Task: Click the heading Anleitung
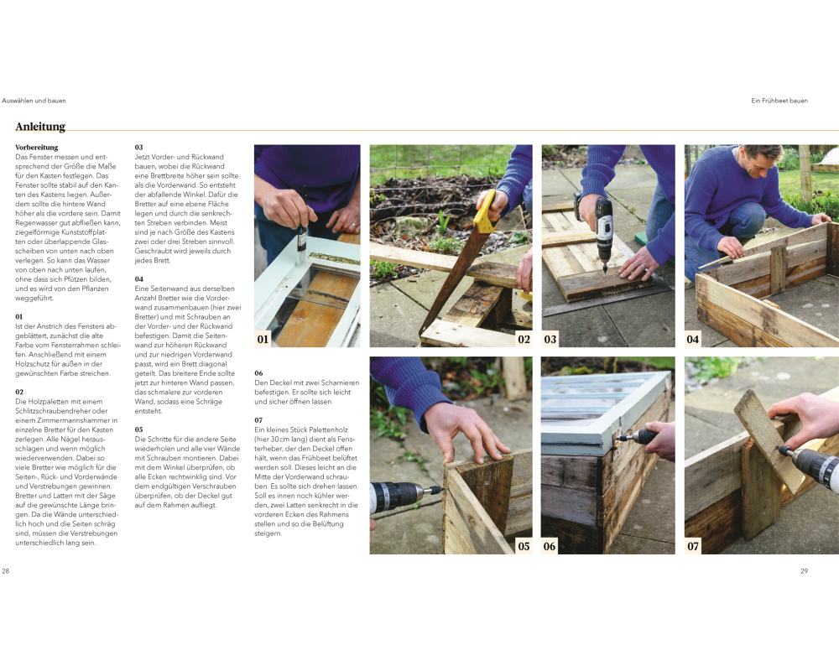tap(40, 127)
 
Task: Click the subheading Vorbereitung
tap(36, 147)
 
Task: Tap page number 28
tap(5, 571)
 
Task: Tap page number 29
tap(804, 571)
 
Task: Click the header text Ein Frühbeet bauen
tap(779, 101)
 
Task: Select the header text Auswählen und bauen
tap(34, 101)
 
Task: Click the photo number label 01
tap(263, 339)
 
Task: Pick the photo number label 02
tap(524, 339)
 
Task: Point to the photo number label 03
tap(550, 339)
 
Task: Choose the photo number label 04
tap(693, 339)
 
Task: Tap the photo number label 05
tap(524, 546)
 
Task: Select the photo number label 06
tap(550, 546)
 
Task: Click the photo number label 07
tap(693, 546)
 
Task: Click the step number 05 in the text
tap(139, 429)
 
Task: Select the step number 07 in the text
tap(258, 420)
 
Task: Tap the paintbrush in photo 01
tap(303, 226)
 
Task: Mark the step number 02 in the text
tap(19, 393)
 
